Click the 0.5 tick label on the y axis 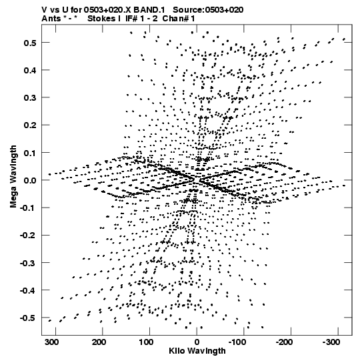[x=30, y=43]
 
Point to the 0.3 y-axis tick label [x=30, y=97]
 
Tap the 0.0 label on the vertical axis [x=30, y=180]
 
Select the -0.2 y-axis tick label [x=28, y=236]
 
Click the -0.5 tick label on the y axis [x=28, y=318]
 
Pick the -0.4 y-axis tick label [x=28, y=290]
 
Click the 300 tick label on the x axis [x=53, y=342]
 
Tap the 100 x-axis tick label [x=145, y=342]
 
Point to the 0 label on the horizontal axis [x=197, y=342]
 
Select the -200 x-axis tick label [x=284, y=342]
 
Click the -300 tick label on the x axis [x=331, y=342]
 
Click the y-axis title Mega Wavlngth [x=13, y=177]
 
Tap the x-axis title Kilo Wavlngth [x=197, y=351]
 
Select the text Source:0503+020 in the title [x=208, y=10]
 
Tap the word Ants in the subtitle [x=51, y=19]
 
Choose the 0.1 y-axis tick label [x=30, y=153]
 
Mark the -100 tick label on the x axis [x=237, y=342]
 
